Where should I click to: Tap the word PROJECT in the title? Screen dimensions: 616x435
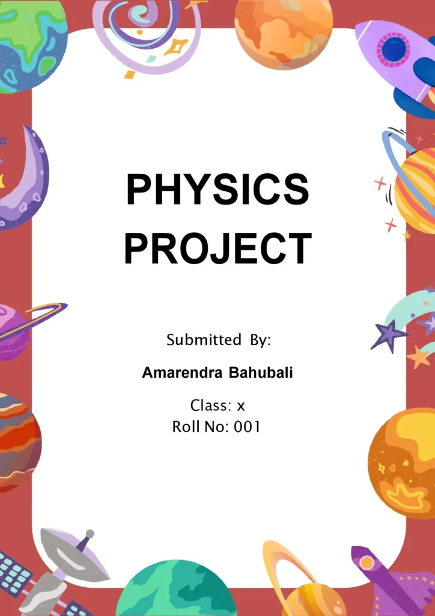[x=218, y=248]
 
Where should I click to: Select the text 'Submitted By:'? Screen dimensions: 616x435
[x=219, y=340]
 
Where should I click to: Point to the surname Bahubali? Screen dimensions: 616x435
[x=261, y=373]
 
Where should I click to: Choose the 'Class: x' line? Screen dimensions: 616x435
[x=218, y=405]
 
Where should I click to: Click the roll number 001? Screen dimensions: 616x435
[x=248, y=427]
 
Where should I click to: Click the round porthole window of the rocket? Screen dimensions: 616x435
[x=394, y=50]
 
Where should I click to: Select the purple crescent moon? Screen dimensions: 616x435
[x=27, y=180]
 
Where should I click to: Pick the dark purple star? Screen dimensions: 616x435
[x=388, y=334]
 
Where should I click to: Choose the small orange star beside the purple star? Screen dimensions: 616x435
[x=419, y=357]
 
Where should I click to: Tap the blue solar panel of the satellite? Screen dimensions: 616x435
[x=15, y=574]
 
